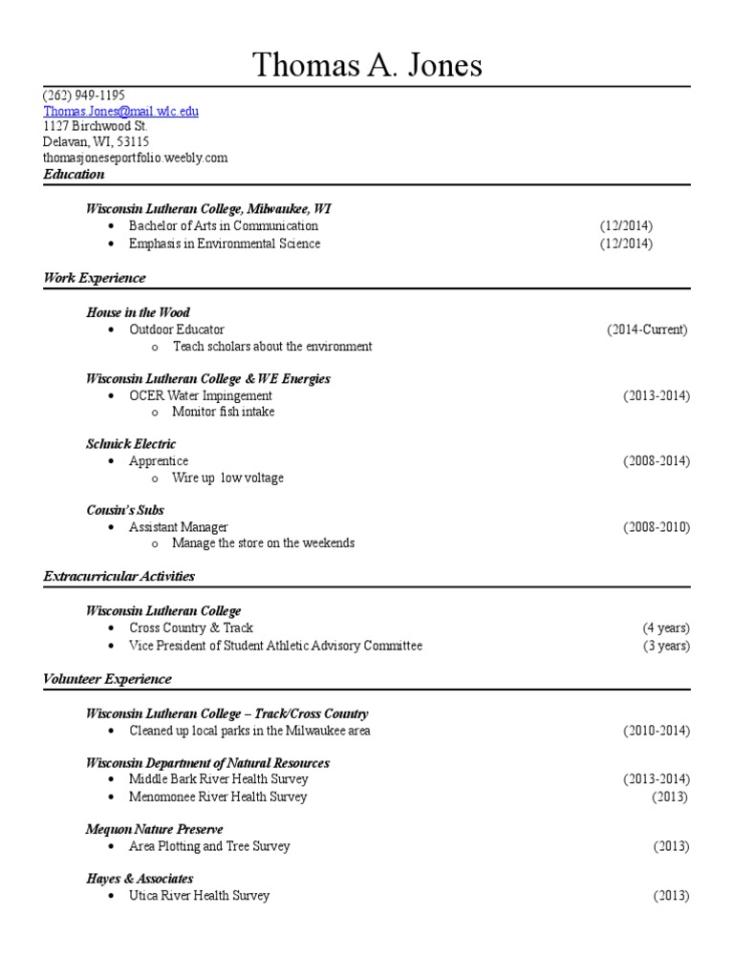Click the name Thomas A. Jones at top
click(367, 65)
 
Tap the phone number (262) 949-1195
click(84, 96)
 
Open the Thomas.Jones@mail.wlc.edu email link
click(121, 111)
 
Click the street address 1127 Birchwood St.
click(95, 126)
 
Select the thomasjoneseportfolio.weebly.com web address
click(135, 158)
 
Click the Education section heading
click(74, 175)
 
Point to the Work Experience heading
click(95, 278)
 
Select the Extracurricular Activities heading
click(119, 576)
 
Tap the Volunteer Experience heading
click(107, 679)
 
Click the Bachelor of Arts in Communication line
click(224, 226)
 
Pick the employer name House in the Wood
click(138, 312)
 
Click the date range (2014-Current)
click(647, 330)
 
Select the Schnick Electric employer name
click(131, 444)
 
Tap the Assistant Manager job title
click(179, 527)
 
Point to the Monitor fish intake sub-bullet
click(223, 412)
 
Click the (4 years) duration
click(666, 628)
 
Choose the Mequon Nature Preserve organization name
click(154, 829)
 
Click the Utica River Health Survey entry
click(200, 896)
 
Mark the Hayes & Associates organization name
click(140, 879)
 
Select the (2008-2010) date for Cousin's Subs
click(657, 527)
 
